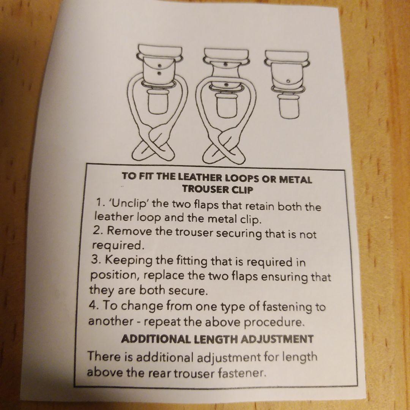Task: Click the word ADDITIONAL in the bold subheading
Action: [156, 339]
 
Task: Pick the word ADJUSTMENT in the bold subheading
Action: [277, 339]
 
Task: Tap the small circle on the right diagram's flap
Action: [288, 81]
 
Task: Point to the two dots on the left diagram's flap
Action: [159, 69]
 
